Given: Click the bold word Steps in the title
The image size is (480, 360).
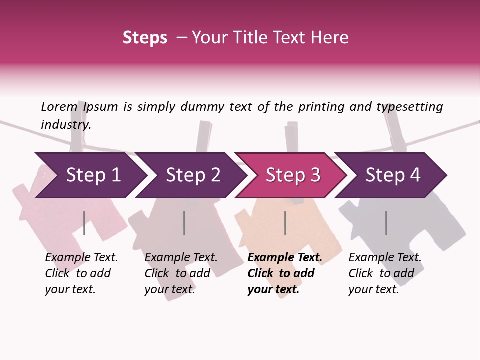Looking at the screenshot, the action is [x=145, y=38].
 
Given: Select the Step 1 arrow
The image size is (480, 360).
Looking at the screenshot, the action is [x=91, y=175].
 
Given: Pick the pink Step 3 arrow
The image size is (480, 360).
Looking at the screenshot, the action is [x=291, y=175].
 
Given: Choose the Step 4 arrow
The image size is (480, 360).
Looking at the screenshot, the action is [x=391, y=175].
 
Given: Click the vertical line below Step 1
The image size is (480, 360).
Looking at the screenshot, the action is [x=84, y=223].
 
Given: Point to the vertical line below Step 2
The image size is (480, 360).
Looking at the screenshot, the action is [x=184, y=223].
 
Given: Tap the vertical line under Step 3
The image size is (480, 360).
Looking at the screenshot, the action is [x=285, y=223].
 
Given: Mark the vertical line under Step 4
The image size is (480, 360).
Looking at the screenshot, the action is [x=386, y=223].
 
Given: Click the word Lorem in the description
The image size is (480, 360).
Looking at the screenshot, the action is [x=59, y=107].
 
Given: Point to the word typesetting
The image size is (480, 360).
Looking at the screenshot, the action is [x=410, y=107].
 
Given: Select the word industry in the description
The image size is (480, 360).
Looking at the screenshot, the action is [x=66, y=125].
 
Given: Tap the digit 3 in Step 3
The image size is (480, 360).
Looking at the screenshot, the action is [x=315, y=175].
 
